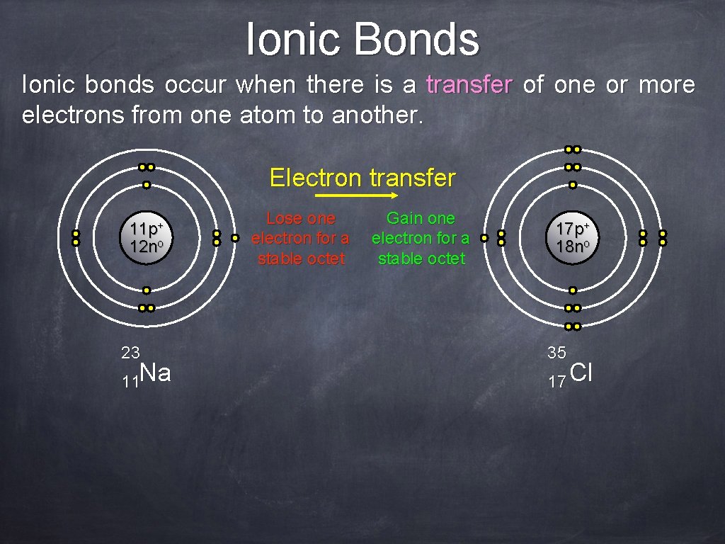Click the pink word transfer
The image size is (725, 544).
tap(469, 85)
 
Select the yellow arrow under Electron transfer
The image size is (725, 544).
tap(357, 195)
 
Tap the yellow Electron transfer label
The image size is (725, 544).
tap(362, 177)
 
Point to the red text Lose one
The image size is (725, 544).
tap(300, 218)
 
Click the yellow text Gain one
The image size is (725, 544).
tap(421, 218)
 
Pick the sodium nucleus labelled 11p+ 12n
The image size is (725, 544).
tap(147, 238)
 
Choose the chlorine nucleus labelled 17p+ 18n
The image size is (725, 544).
tap(572, 238)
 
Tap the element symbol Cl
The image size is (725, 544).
tap(581, 373)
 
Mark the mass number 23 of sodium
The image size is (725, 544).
tap(130, 352)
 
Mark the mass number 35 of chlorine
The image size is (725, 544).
tap(556, 352)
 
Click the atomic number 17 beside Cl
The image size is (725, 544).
tap(556, 382)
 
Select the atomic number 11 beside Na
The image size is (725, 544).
tap(130, 382)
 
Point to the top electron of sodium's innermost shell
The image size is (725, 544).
tap(147, 186)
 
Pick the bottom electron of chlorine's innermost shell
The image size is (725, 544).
tap(572, 290)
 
